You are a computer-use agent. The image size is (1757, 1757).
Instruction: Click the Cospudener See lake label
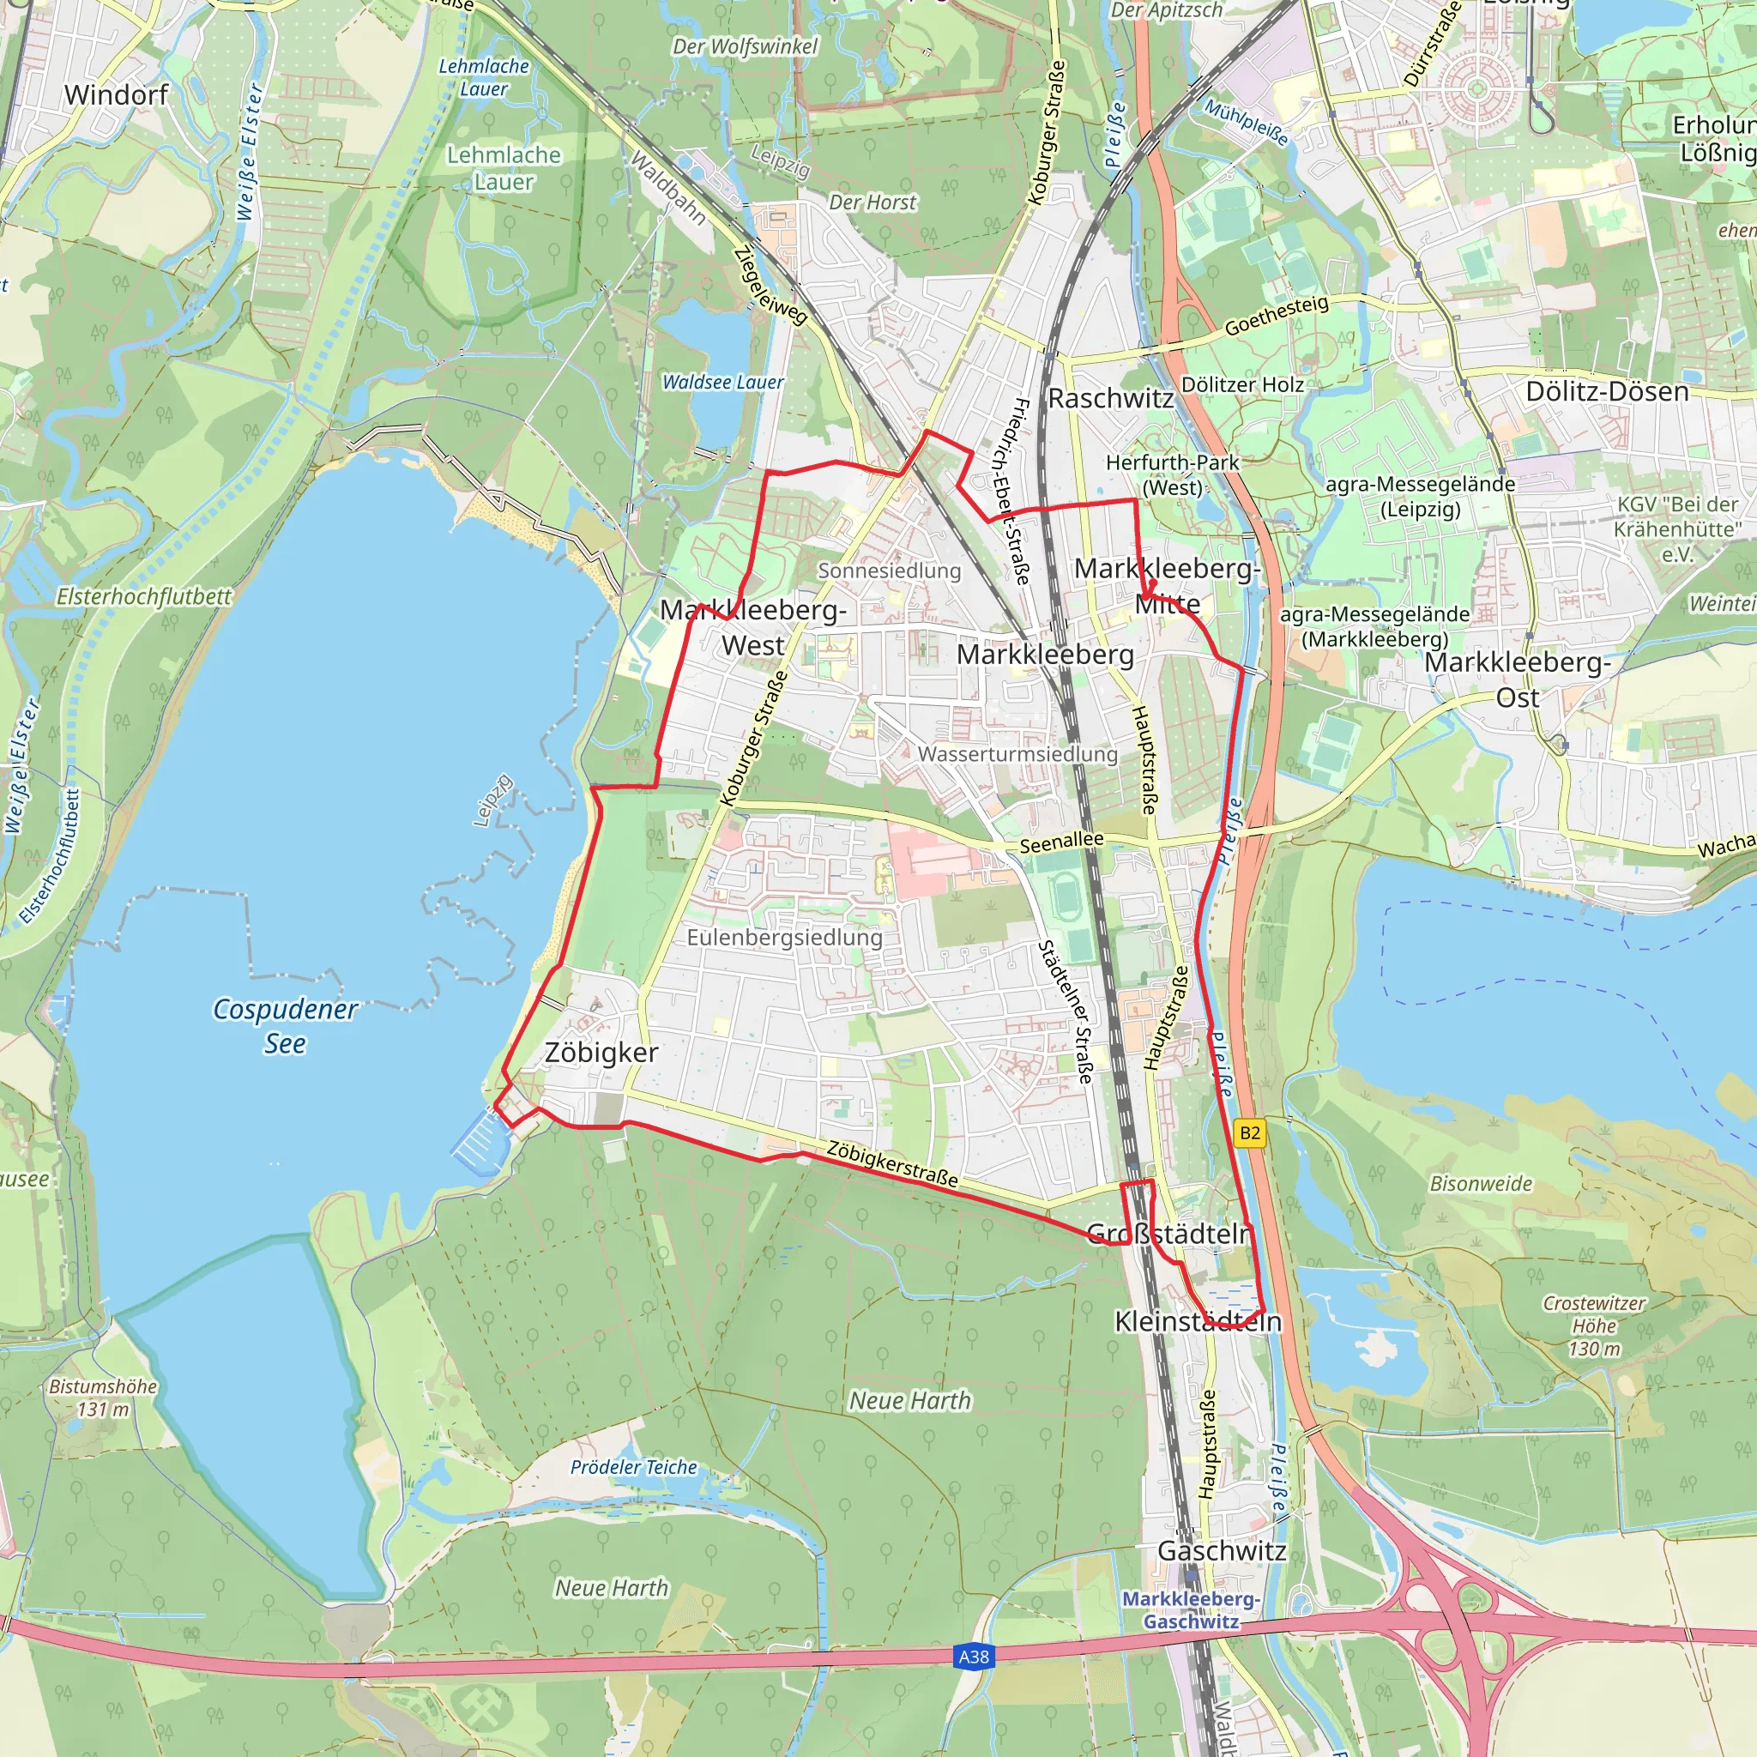[285, 1026]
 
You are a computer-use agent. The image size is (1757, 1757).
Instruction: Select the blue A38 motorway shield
[973, 1656]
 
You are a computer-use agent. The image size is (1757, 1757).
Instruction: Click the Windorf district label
[117, 94]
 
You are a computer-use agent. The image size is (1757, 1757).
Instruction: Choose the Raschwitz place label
[1110, 398]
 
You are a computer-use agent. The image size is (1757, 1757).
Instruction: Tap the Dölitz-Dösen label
[1607, 392]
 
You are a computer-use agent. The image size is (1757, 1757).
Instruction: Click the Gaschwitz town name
[1222, 1550]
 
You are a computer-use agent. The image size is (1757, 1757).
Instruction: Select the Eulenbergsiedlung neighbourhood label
[784, 937]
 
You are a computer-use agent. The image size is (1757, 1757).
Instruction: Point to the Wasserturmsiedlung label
[1017, 754]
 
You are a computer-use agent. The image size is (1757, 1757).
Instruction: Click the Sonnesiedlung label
[889, 571]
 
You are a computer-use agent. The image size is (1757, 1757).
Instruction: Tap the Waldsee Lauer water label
[722, 383]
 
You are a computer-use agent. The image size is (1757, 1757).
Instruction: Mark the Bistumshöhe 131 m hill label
[103, 1398]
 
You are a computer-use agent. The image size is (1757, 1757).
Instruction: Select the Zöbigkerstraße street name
[892, 1164]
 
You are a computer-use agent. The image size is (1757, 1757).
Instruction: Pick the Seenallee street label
[1061, 843]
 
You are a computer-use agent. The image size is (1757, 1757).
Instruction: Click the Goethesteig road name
[1276, 316]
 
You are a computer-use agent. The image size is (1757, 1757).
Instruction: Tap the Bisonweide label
[1481, 1183]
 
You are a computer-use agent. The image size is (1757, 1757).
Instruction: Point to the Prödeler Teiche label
[633, 1467]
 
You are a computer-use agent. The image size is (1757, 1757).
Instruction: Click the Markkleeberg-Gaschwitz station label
[1191, 1609]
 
